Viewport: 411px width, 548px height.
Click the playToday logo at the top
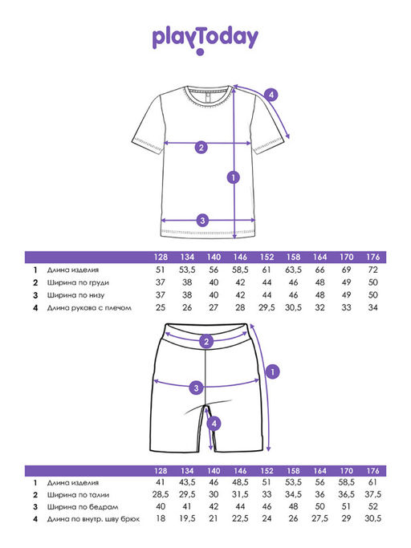[205, 39]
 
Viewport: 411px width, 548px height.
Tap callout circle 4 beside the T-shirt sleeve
[271, 95]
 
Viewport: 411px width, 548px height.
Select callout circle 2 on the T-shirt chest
[201, 148]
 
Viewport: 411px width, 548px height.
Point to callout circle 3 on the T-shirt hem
[202, 221]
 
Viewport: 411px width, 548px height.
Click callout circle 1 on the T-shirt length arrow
[234, 177]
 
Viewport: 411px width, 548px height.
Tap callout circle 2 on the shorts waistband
[206, 342]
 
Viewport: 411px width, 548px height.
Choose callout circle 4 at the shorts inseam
[214, 424]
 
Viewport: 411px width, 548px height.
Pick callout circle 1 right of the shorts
[273, 371]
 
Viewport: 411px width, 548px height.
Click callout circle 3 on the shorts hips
[196, 388]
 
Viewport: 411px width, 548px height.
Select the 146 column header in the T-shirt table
[240, 258]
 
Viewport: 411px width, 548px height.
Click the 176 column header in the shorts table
[373, 471]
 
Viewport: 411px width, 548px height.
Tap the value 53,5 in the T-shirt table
[187, 270]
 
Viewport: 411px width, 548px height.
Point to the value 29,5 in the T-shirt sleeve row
[267, 307]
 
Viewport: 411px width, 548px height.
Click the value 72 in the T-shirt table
[373, 270]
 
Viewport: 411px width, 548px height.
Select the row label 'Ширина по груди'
[78, 282]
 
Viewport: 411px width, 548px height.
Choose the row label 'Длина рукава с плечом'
[89, 308]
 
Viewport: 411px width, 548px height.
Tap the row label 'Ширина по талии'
[78, 495]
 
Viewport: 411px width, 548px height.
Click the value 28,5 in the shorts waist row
[161, 494]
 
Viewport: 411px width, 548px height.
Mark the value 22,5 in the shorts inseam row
[240, 518]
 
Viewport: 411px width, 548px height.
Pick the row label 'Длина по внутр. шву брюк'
[93, 519]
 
